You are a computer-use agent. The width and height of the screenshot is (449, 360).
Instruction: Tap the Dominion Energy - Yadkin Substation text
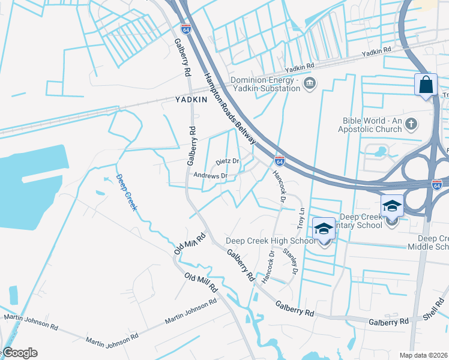point(265,84)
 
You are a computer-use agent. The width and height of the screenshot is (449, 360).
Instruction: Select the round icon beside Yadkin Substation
point(309,83)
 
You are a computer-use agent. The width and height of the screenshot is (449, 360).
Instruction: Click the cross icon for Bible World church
point(411,124)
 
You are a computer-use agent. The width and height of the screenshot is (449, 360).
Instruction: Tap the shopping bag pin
point(426,85)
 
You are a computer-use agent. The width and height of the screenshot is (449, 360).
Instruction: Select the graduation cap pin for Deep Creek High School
point(323,229)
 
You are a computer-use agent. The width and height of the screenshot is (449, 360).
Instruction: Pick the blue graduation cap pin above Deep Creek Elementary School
point(392,206)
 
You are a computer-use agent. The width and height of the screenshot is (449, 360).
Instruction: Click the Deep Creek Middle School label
point(429,242)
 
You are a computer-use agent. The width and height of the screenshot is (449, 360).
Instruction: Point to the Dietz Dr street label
point(228,162)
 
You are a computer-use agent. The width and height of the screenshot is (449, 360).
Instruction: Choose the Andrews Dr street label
point(210,176)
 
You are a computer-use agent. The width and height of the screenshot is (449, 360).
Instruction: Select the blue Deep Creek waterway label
point(127,192)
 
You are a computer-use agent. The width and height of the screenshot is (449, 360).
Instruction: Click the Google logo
point(19,353)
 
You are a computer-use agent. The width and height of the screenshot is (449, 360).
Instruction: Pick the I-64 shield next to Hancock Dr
point(279,160)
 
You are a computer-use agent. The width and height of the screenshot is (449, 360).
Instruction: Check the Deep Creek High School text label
point(270,241)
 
